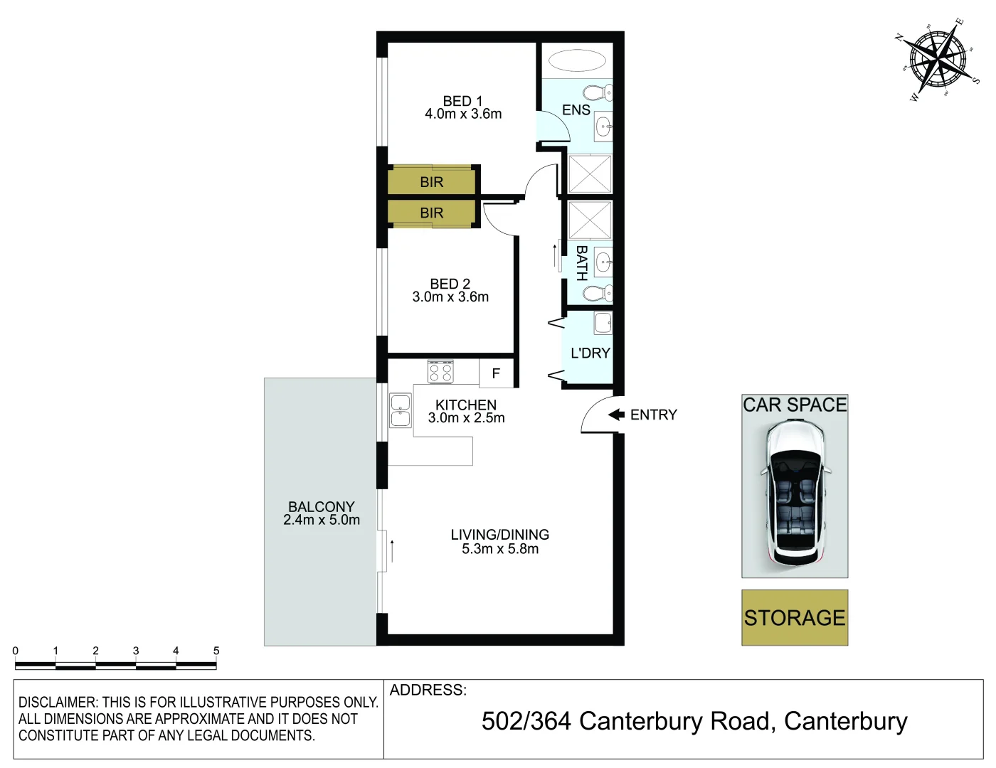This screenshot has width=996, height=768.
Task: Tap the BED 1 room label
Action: [462, 101]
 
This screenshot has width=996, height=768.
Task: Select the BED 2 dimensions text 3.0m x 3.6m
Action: [450, 297]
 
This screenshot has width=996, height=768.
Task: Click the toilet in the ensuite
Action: [598, 92]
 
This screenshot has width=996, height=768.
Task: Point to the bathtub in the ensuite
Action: [577, 60]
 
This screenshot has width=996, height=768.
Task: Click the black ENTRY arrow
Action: [616, 415]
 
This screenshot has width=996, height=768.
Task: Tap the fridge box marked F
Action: [496, 373]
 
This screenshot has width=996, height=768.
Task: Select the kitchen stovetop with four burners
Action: [440, 372]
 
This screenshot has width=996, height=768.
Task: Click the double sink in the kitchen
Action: [401, 411]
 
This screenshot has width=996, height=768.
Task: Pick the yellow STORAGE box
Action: [795, 617]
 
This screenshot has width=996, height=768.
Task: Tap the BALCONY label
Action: [321, 506]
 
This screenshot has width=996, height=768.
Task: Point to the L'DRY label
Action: [590, 353]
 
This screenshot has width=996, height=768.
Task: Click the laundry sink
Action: [603, 323]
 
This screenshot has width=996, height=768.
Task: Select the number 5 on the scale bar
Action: [216, 651]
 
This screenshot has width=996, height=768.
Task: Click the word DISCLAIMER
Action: [58, 702]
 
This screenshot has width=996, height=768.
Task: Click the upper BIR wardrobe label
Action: [431, 182]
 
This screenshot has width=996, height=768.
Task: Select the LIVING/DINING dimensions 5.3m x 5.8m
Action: [500, 549]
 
